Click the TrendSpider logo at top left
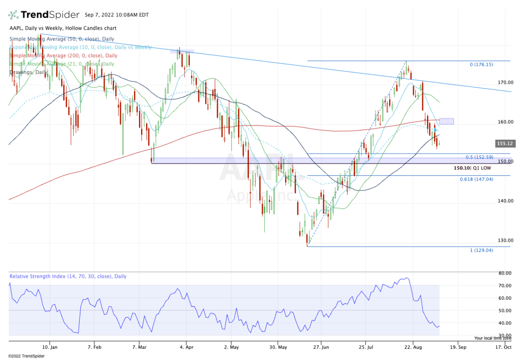44,15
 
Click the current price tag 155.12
504,144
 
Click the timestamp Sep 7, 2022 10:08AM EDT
117,15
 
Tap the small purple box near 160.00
446,121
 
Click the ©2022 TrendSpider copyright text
26,356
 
